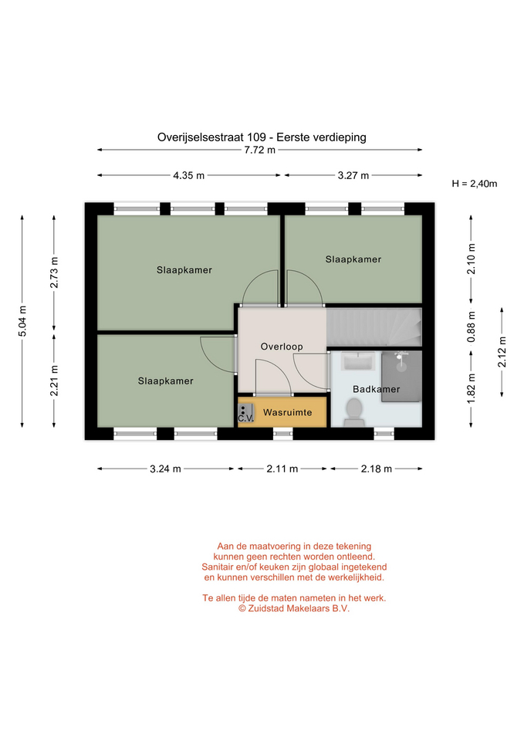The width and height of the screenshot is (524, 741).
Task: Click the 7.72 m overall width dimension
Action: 259,151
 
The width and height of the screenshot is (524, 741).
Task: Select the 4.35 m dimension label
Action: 188,175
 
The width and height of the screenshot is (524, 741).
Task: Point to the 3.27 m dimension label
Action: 353,175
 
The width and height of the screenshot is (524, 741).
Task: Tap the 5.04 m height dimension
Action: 22,321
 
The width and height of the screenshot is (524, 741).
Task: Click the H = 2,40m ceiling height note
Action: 475,184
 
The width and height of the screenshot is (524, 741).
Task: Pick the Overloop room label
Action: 282,347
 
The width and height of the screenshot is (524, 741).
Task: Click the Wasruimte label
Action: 287,412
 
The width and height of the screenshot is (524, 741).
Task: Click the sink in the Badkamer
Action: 358,361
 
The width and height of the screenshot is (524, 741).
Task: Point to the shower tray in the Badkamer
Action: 401,376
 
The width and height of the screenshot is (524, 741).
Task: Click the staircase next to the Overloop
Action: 374,327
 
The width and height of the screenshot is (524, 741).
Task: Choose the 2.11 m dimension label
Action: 282,469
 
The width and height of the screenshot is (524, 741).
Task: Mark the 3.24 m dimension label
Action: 165,469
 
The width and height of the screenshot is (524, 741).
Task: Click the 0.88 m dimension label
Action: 471,327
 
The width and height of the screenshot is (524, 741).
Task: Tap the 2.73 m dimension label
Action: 54,272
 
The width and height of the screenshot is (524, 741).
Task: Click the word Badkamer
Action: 376,389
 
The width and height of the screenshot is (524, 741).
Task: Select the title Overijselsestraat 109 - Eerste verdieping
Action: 262,137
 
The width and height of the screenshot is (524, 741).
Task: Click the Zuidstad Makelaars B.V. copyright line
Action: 294,609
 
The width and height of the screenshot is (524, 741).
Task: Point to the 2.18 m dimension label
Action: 376,469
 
